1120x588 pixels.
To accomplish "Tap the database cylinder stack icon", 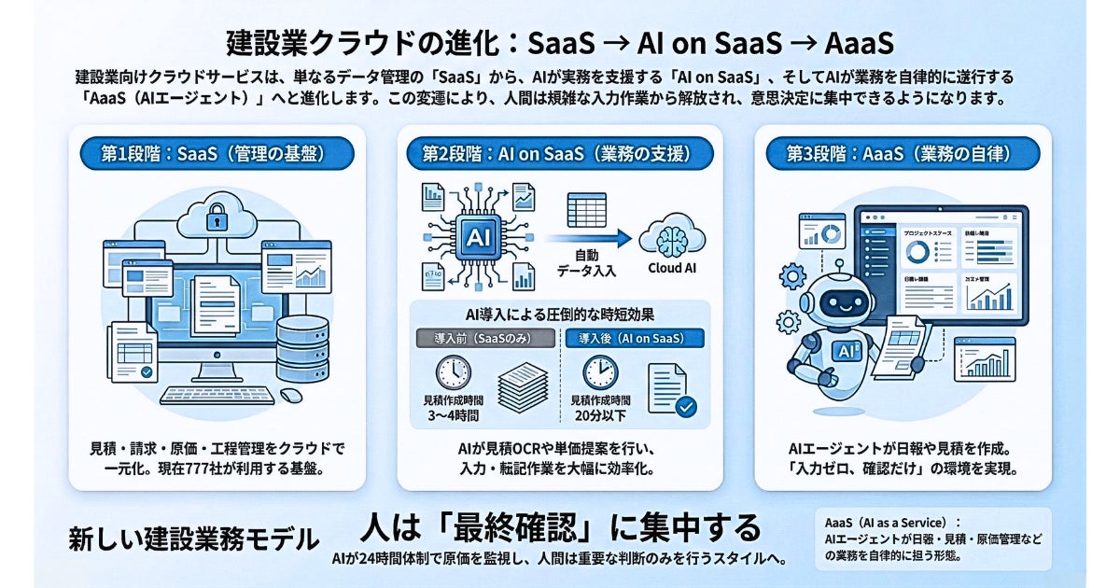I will coord(302,347).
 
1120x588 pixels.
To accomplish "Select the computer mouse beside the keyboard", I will coord(291,395).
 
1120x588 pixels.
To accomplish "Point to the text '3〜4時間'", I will coord(453,414).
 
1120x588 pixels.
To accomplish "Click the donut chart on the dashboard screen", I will coord(918,251).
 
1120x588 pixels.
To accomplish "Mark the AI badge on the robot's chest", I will coord(847,350).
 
